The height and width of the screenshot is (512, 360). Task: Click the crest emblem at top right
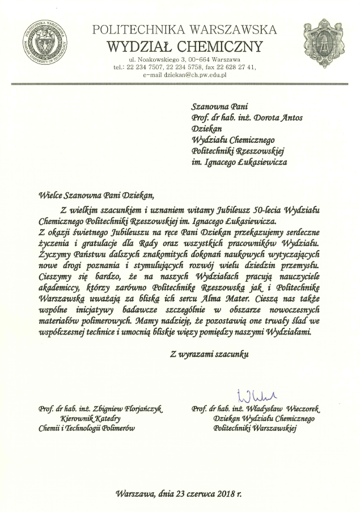(x=323, y=41)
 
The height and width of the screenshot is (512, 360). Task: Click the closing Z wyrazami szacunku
(x=209, y=354)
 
